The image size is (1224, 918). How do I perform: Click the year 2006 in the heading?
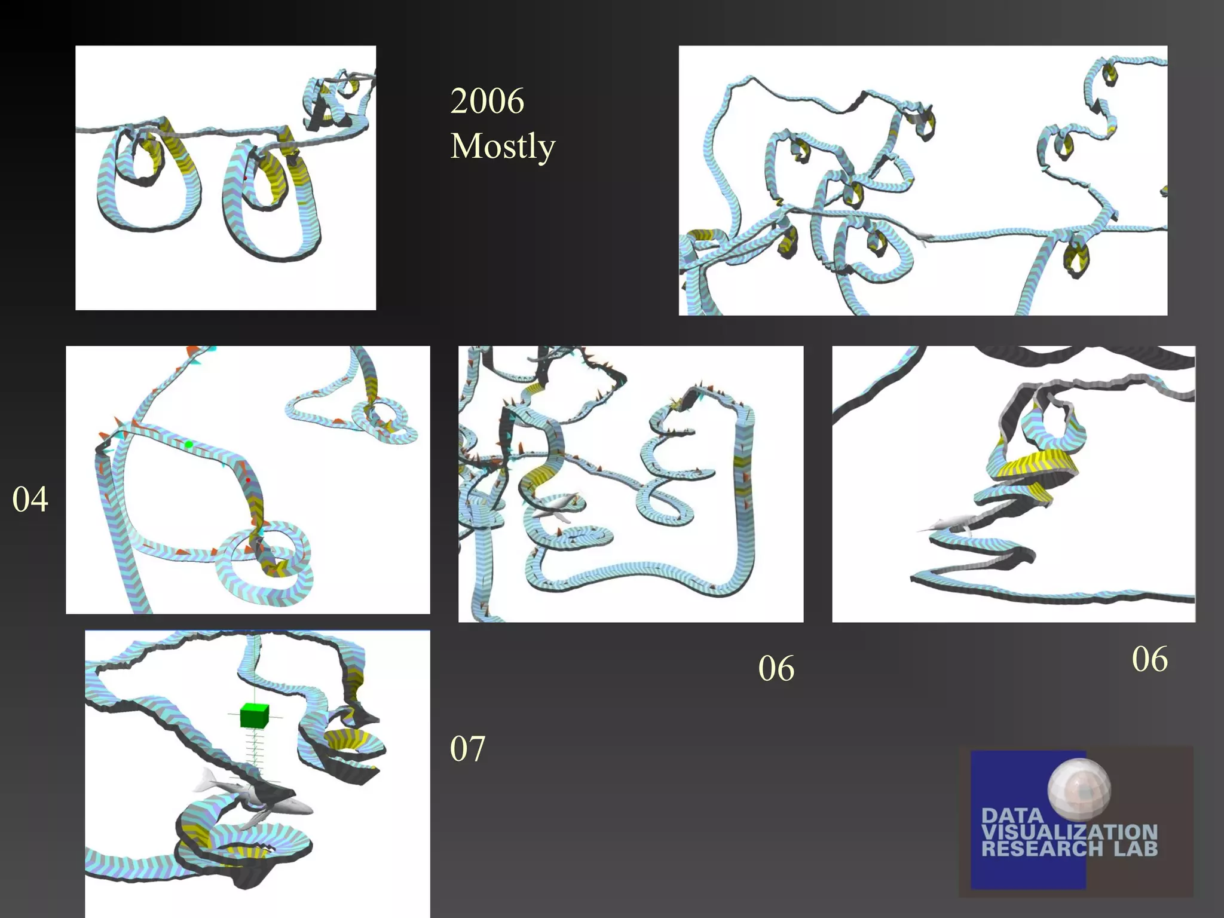pyautogui.click(x=487, y=100)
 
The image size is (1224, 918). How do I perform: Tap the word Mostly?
pyautogui.click(x=503, y=146)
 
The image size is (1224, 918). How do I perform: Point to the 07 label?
pyautogui.click(x=467, y=748)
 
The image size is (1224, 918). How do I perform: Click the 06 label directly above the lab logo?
pyautogui.click(x=1149, y=659)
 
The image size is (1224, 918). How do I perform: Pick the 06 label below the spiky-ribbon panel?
pyautogui.click(x=776, y=668)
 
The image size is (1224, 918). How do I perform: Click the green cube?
pyautogui.click(x=255, y=715)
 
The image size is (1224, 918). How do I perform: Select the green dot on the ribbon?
pyautogui.click(x=189, y=444)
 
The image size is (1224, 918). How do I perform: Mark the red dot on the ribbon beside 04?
pyautogui.click(x=247, y=480)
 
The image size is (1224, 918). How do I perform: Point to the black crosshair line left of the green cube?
pyautogui.click(x=234, y=714)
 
